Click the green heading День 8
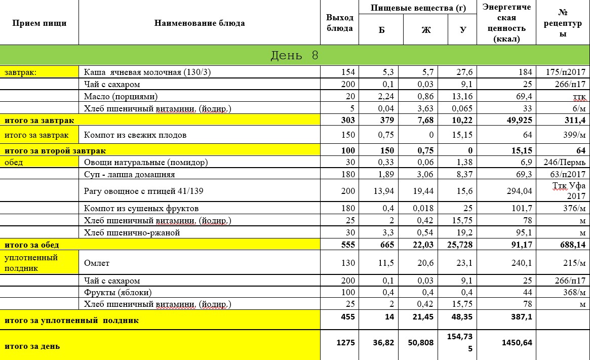(294, 55)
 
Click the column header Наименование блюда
(200, 23)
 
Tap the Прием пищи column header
(39, 23)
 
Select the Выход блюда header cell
(339, 23)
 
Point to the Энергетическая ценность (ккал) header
(506, 23)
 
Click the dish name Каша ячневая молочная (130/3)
(147, 72)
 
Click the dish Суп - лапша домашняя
(130, 174)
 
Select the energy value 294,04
(517, 191)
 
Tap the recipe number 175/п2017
(563, 72)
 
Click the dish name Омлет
(97, 263)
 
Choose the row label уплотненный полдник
(31, 263)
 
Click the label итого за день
(32, 346)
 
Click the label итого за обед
(32, 245)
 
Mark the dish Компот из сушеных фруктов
(141, 208)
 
